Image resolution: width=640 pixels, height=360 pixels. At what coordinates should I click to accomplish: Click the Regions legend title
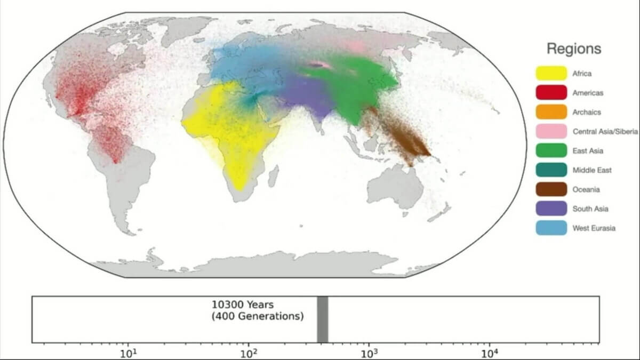tap(573, 49)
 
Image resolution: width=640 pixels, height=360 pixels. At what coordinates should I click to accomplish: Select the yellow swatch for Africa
tap(551, 74)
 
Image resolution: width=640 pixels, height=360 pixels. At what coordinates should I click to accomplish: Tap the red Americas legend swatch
tap(551, 93)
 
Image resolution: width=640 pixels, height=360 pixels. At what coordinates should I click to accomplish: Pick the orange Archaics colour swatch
tap(551, 112)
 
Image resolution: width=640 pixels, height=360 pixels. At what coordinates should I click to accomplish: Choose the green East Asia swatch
tap(551, 151)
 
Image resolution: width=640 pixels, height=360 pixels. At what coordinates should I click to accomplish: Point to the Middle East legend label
tap(592, 170)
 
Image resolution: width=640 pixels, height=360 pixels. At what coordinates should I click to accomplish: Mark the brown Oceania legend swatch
tap(551, 189)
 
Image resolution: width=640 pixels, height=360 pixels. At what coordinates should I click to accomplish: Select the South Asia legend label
tap(590, 209)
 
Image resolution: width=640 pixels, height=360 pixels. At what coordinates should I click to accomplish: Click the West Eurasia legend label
tap(594, 228)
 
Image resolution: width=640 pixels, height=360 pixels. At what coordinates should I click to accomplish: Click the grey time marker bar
tap(322, 319)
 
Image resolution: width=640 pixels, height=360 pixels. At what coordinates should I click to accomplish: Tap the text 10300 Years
tap(242, 305)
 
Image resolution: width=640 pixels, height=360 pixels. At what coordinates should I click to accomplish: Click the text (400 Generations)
tap(257, 316)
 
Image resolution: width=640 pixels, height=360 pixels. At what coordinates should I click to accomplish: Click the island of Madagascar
tap(274, 175)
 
